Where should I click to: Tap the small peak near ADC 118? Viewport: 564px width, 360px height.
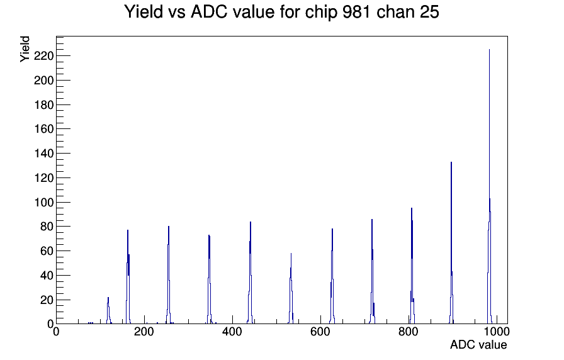click(108, 311)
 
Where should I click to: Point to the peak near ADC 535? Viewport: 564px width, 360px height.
click(291, 288)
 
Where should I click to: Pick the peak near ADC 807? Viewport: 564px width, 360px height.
click(412, 266)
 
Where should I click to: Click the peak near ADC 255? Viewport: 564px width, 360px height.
click(168, 275)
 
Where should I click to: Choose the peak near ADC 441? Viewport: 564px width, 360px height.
click(250, 273)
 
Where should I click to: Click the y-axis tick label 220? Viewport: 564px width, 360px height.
click(44, 56)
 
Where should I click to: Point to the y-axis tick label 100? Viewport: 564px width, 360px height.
click(44, 203)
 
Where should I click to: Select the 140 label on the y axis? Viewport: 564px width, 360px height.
click(44, 154)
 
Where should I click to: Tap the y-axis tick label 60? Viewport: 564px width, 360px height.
click(47, 251)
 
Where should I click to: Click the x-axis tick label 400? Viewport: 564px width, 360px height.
click(232, 332)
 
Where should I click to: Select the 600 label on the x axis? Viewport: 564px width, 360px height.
click(320, 332)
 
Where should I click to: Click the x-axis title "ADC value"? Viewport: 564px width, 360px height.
click(478, 345)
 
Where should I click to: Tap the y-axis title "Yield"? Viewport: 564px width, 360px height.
click(25, 49)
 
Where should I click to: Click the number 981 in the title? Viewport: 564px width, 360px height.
click(356, 12)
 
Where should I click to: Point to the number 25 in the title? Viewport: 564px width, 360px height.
click(429, 12)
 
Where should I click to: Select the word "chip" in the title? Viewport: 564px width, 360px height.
click(321, 13)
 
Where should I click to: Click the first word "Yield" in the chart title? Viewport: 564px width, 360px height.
click(144, 12)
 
